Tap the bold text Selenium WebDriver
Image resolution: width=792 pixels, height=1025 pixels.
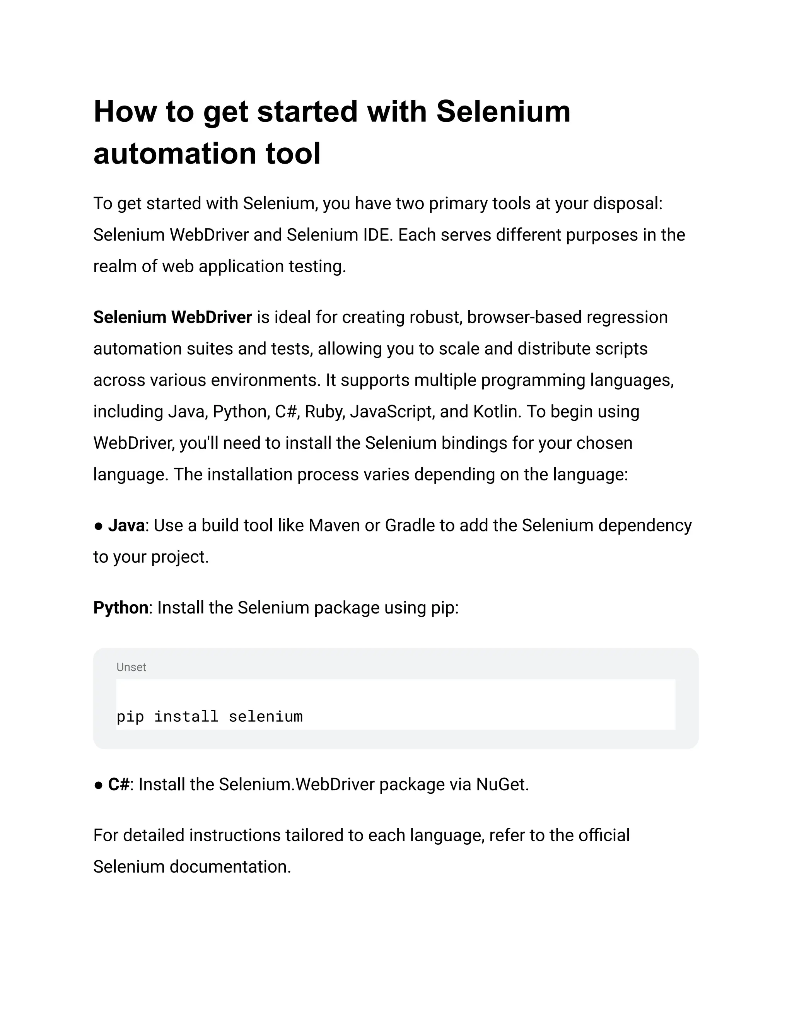point(172,317)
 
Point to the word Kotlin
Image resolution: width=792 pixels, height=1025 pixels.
point(497,412)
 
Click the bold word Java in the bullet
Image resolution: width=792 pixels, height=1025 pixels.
point(126,525)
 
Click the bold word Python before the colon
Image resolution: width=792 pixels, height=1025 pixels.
point(121,608)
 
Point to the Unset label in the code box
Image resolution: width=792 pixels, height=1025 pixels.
point(131,667)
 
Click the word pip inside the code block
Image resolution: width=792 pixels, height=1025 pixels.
point(130,717)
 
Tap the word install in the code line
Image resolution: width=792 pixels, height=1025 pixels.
point(186,716)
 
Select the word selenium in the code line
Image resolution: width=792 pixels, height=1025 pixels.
point(266,716)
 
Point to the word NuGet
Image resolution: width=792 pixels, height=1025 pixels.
point(502,784)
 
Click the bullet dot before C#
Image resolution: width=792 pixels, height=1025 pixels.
point(98,785)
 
